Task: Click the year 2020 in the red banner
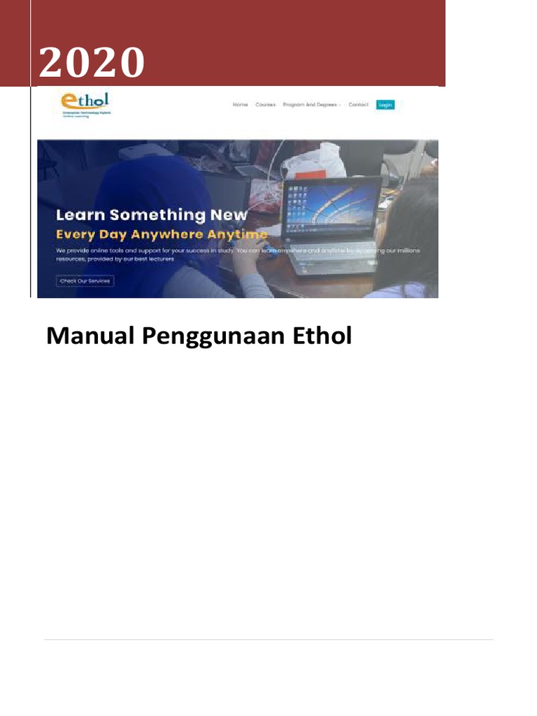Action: coord(92,62)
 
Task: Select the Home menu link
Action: coord(240,105)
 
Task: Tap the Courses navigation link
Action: coord(265,105)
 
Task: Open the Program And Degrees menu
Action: coord(310,105)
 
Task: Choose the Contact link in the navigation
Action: coord(358,105)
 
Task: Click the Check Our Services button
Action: coord(85,281)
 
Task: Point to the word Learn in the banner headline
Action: coord(80,215)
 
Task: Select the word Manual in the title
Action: coord(89,336)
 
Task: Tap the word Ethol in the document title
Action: coord(322,336)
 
